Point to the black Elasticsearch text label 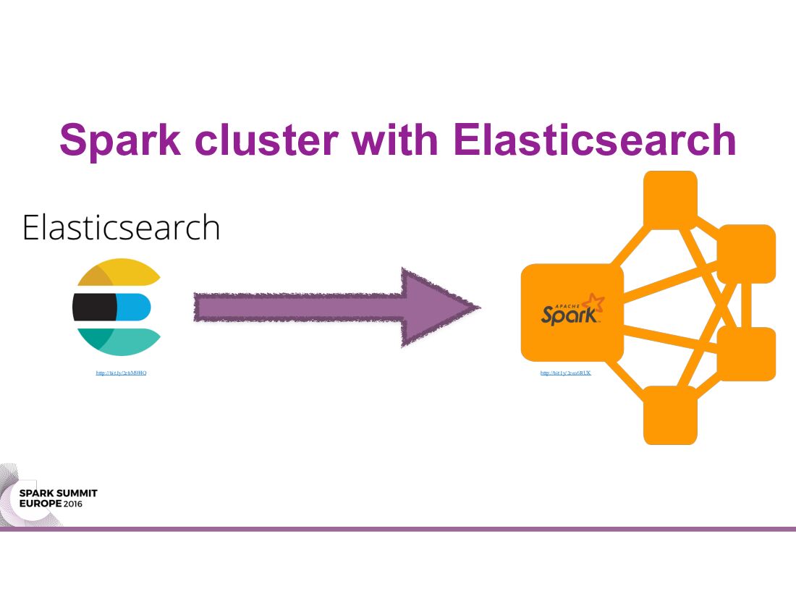coord(121,227)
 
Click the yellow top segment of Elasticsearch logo coord(127,274)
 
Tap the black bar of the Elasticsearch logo coord(95,307)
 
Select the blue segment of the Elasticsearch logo coord(134,307)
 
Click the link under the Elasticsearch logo coord(122,373)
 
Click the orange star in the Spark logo coord(593,302)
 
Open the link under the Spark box coord(566,373)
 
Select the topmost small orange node coord(670,200)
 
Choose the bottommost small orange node coord(670,415)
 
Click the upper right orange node coord(746,253)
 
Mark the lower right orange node coord(746,354)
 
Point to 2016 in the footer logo coord(72,503)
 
